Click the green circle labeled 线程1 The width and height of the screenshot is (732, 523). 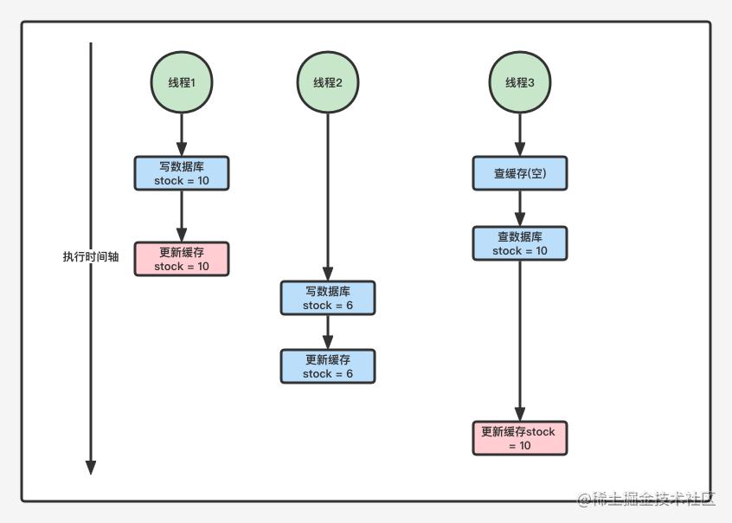coord(181,83)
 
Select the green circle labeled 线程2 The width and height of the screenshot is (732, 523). coord(328,83)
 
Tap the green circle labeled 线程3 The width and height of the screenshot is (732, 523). coord(520,83)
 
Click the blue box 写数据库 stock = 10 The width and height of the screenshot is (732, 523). coord(181,173)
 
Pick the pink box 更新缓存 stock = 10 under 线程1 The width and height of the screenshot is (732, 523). coord(181,259)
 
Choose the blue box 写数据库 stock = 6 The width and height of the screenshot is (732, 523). coord(328,298)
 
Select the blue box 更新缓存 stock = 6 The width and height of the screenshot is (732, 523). coord(328,366)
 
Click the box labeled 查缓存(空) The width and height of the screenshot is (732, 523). coord(520,173)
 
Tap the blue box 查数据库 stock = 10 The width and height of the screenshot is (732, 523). coord(520,243)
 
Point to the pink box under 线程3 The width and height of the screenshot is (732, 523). coord(520,438)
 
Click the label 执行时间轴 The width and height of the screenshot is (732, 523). coord(90,257)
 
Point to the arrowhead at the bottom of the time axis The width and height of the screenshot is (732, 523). coord(91,468)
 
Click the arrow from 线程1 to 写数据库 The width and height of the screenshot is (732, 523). coord(181,135)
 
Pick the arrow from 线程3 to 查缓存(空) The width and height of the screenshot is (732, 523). coord(520,135)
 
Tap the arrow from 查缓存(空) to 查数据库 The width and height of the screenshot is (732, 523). coord(520,209)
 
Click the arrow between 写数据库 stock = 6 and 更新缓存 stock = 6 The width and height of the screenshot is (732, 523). coord(328,333)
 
